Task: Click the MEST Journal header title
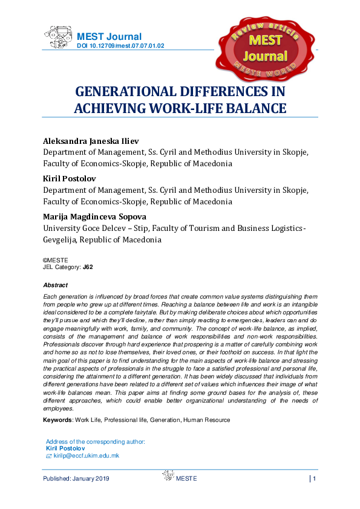109,36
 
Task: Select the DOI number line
120,46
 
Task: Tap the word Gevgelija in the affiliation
67,239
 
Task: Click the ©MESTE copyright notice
56,259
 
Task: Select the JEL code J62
88,266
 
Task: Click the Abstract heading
56,285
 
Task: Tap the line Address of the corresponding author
96,442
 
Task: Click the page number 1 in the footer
315,479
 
